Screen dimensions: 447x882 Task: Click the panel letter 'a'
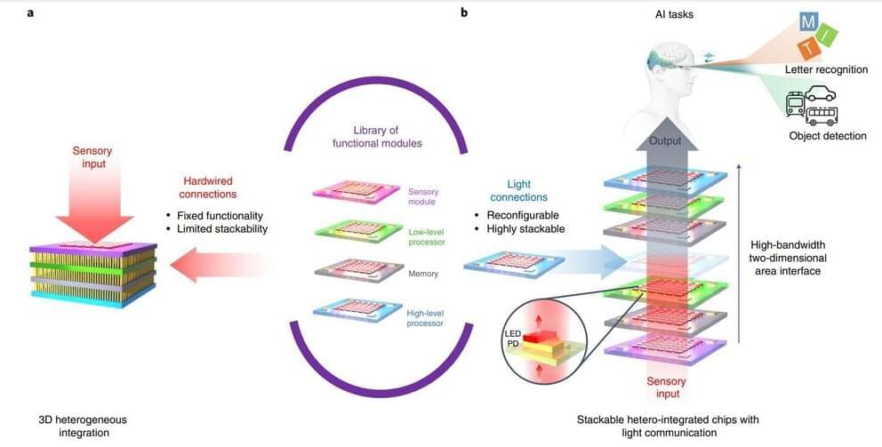31,14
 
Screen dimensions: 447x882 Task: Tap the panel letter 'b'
464,14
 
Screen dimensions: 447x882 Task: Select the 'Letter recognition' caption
826,69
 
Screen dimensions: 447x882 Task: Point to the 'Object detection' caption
827,135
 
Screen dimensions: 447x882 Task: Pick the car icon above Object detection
819,93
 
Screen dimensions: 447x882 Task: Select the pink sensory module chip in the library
357,193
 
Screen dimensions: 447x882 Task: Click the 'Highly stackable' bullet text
525,229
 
